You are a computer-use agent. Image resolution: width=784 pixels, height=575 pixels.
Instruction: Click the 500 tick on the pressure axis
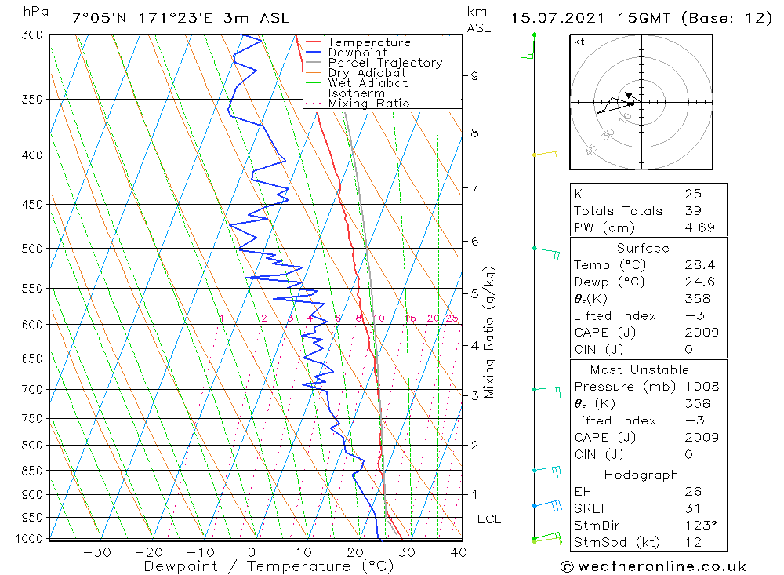[x=32, y=248]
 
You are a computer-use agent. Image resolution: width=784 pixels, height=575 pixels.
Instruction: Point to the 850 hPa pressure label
[x=32, y=471]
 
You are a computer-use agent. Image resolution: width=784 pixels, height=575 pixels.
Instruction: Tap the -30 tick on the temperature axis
[x=97, y=552]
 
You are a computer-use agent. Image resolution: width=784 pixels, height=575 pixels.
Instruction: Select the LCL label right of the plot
[x=489, y=519]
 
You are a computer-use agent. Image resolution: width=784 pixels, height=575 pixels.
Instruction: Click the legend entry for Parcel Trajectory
[x=385, y=63]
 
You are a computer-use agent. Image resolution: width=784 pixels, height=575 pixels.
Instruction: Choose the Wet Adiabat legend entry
[x=368, y=83]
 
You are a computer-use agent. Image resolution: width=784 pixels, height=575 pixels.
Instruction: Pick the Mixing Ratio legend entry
[x=368, y=103]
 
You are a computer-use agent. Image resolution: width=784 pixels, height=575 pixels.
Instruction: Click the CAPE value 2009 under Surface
[x=702, y=333]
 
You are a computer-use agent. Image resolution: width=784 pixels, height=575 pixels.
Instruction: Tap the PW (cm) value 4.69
[x=699, y=227]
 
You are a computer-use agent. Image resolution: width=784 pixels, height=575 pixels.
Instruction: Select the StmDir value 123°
[x=700, y=525]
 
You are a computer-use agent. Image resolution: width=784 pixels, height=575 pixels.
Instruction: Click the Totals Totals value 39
[x=693, y=211]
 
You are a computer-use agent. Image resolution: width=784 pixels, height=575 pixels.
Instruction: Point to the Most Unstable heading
[x=640, y=369]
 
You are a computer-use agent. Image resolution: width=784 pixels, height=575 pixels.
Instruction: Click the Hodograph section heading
[x=641, y=475]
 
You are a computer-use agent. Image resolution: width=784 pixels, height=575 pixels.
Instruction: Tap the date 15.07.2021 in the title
[x=557, y=18]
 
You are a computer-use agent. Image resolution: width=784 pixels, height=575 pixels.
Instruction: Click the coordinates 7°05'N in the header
[x=100, y=18]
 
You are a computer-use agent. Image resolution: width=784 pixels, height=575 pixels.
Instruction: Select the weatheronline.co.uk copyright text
[x=653, y=566]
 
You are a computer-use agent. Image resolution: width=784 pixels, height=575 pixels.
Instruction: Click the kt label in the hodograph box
[x=579, y=42]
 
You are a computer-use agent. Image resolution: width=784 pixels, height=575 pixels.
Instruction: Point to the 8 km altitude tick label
[x=474, y=133]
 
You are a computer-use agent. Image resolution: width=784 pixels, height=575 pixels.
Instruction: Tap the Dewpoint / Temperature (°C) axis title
[x=268, y=566]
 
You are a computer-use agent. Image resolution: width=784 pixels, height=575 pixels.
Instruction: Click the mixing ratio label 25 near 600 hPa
[x=452, y=318]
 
